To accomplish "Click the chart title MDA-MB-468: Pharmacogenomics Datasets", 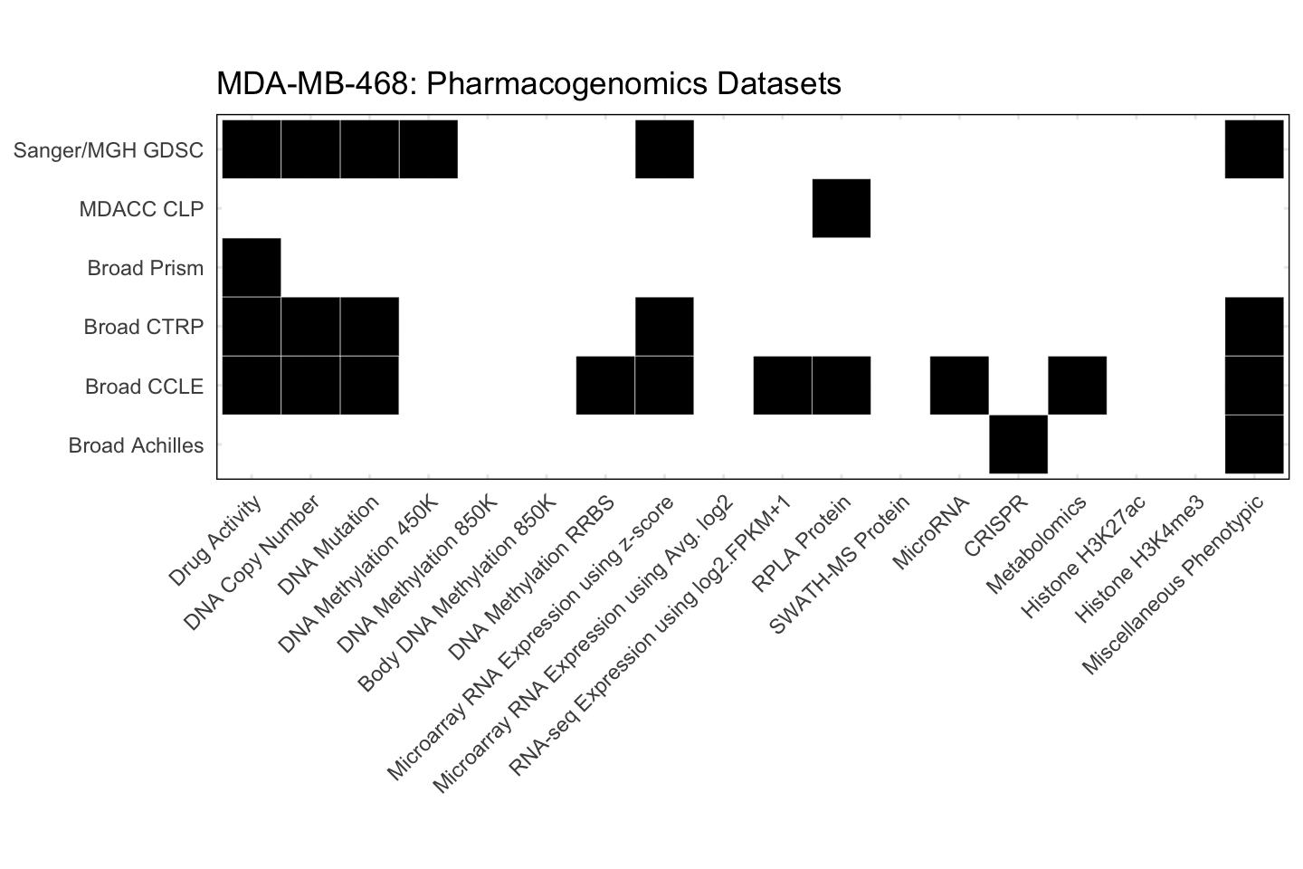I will [528, 84].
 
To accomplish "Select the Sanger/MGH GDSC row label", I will [109, 150].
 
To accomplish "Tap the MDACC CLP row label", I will [141, 209].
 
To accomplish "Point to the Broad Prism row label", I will [146, 268].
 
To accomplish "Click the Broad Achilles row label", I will [136, 445].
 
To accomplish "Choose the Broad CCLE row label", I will [144, 387].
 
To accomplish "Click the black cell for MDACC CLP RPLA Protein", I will [842, 209].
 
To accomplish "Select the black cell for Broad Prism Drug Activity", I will [252, 268].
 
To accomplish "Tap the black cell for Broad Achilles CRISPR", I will [1018, 444].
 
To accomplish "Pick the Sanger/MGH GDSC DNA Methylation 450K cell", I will [428, 149].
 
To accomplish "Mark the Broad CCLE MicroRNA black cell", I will [959, 386].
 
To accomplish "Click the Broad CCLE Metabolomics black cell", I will [1077, 386].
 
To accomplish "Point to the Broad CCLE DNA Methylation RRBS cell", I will [605, 386].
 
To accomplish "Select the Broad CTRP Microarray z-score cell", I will [664, 327].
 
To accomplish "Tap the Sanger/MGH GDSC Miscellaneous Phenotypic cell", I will [1254, 149].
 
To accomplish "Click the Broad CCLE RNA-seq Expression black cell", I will [783, 386].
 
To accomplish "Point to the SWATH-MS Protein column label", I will [840, 565].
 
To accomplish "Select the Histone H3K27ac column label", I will [1084, 556].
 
